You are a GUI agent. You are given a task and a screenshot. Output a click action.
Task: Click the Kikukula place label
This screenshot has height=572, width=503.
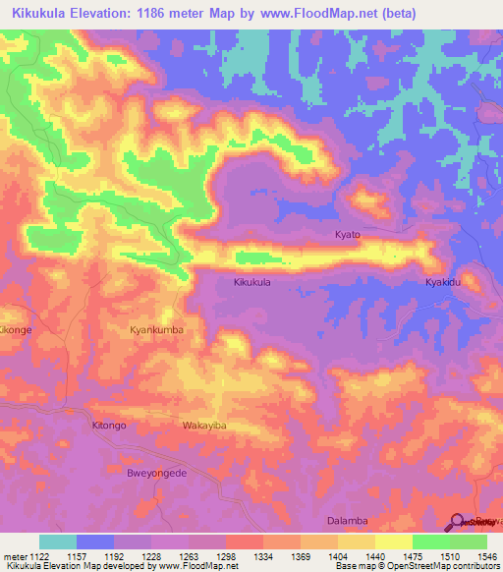point(251,282)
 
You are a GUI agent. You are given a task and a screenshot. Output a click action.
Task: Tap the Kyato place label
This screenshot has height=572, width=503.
point(348,235)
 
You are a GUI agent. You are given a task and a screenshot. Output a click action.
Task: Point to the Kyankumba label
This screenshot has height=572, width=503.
point(157,330)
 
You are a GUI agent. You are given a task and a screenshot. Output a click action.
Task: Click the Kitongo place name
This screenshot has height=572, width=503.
point(109,426)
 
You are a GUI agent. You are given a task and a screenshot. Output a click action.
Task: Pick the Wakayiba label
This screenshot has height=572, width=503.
point(204,426)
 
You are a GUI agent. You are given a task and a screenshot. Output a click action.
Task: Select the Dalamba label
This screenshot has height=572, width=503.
point(346,521)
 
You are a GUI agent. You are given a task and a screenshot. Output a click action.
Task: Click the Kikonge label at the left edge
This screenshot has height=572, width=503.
point(16,330)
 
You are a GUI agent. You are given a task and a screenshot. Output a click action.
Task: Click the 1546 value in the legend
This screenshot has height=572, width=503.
point(485,555)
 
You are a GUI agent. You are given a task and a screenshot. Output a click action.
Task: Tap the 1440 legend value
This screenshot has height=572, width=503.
point(373,555)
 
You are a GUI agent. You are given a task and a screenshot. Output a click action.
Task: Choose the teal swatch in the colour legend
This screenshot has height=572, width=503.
point(58,542)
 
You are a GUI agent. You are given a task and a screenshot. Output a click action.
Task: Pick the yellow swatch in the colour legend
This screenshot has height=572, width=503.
point(393,542)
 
